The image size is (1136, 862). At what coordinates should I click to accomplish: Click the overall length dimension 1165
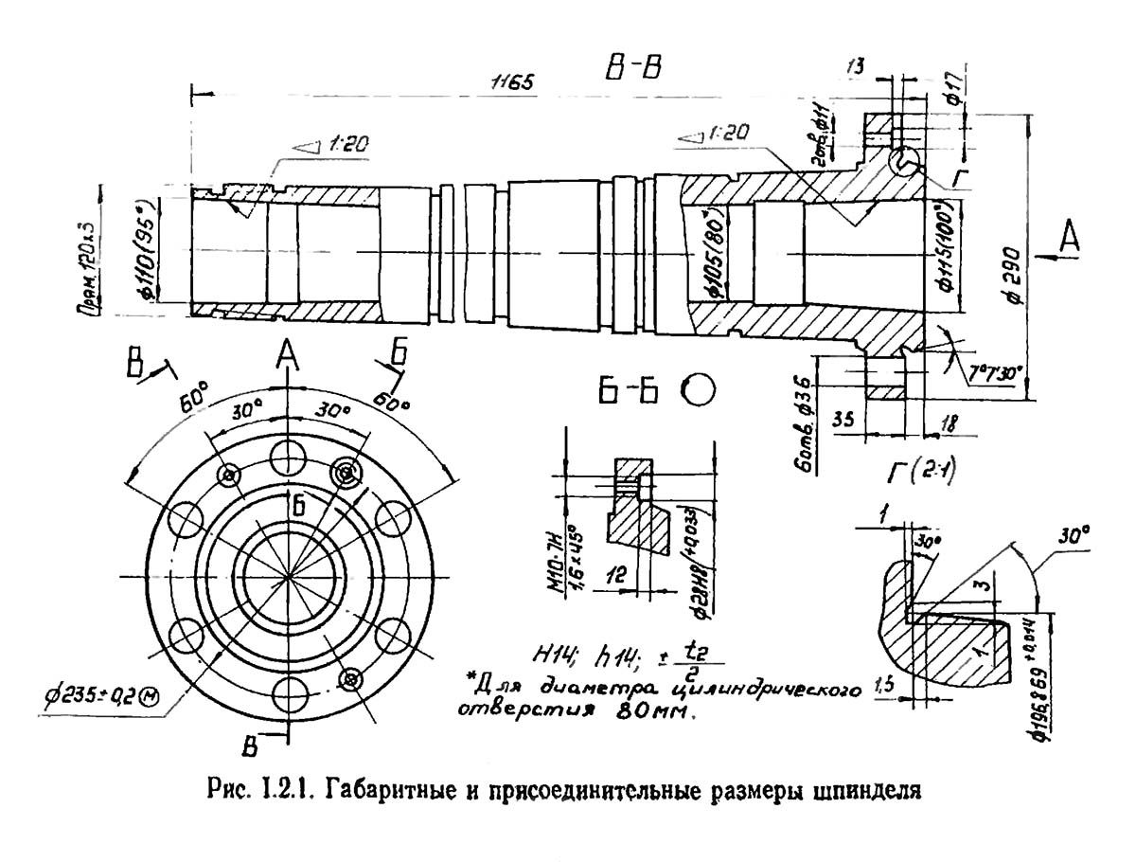pyautogui.click(x=512, y=82)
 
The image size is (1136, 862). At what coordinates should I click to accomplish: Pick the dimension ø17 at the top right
pyautogui.click(x=955, y=90)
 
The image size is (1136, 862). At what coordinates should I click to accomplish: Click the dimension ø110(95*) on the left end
pyautogui.click(x=143, y=249)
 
